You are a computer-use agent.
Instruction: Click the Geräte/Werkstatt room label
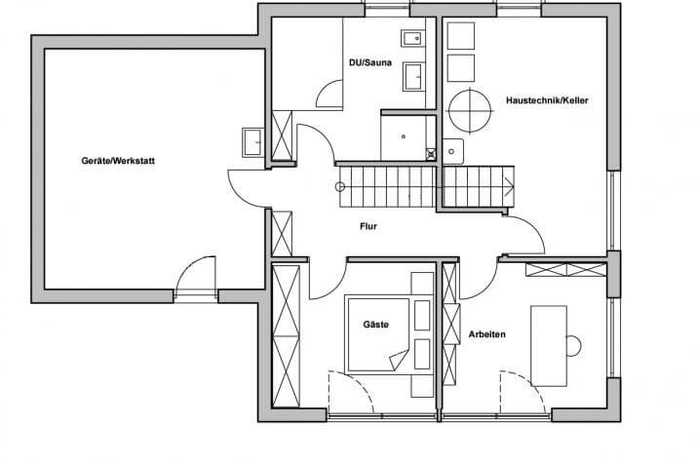(x=118, y=161)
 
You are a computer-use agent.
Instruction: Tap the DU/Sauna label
(x=370, y=62)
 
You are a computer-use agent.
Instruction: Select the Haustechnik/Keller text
(x=547, y=100)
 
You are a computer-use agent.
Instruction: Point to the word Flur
(x=368, y=226)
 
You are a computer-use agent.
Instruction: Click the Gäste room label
(x=376, y=325)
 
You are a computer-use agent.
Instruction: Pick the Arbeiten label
(x=487, y=334)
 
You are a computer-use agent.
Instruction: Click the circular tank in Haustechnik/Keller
(x=470, y=111)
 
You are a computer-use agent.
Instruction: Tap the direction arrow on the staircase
(x=509, y=186)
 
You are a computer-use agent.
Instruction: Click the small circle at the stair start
(x=340, y=187)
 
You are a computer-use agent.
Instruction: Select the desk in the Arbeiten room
(x=549, y=346)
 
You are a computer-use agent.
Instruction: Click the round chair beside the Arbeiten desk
(x=574, y=346)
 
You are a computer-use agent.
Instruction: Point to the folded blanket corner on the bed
(x=399, y=360)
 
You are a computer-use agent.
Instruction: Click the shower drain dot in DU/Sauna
(x=404, y=136)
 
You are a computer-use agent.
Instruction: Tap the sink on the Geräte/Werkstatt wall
(x=252, y=142)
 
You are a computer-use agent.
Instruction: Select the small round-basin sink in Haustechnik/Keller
(x=452, y=151)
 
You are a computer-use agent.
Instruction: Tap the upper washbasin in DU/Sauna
(x=412, y=39)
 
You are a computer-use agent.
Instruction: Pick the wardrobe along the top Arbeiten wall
(x=565, y=270)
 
